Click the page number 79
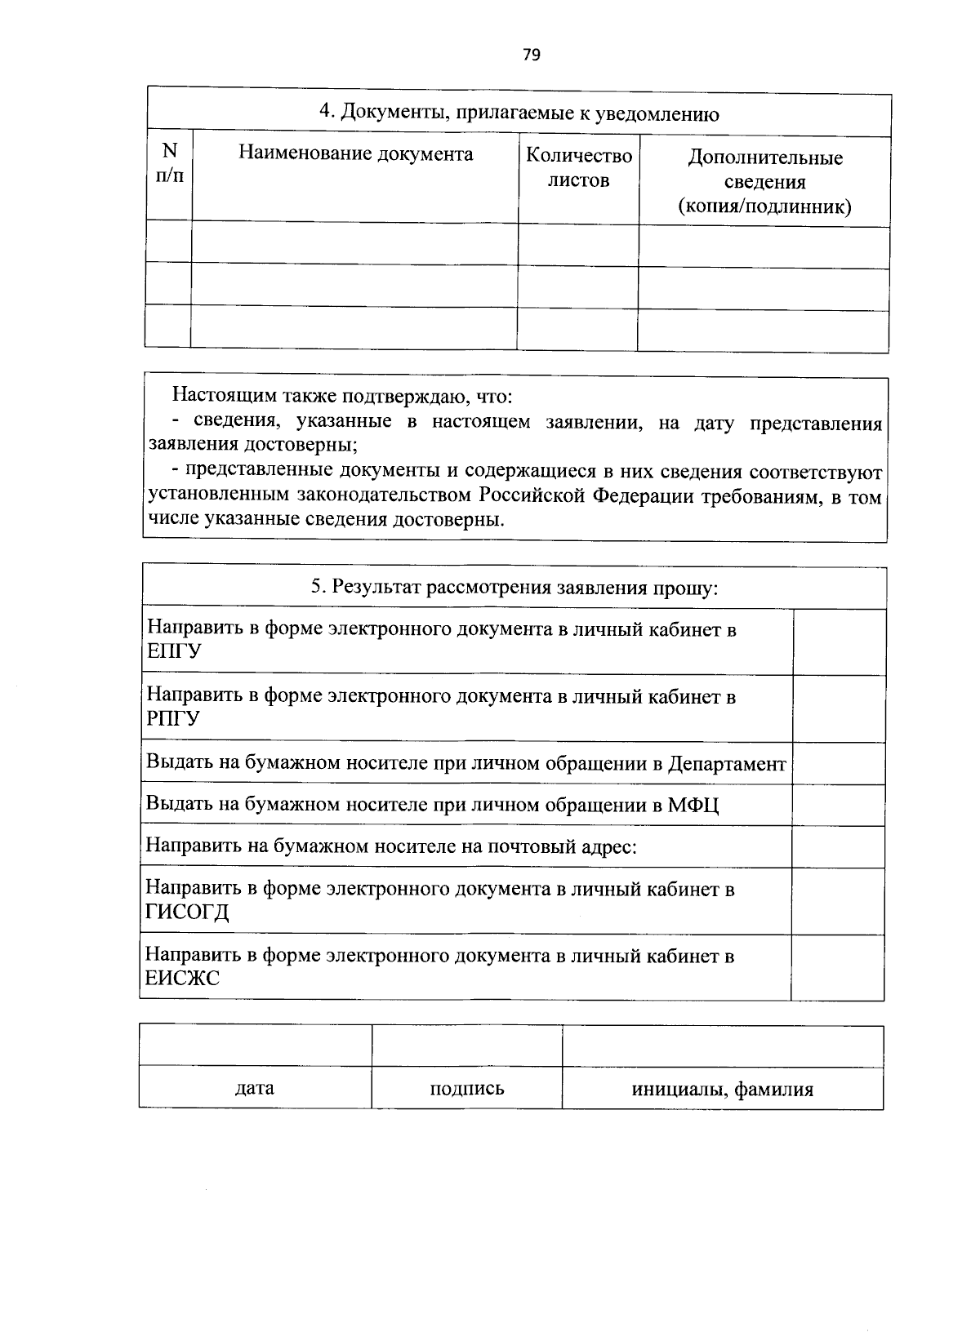click(531, 55)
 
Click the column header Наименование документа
click(355, 153)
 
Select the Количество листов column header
click(578, 167)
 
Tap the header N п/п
click(170, 163)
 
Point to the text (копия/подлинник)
click(764, 206)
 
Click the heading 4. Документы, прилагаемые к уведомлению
click(519, 113)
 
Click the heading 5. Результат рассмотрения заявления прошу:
click(514, 588)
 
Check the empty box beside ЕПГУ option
click(840, 642)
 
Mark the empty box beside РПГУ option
click(840, 708)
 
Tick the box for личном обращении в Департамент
click(840, 763)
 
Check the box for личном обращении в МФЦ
click(840, 805)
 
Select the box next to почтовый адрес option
click(839, 846)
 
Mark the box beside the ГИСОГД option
click(838, 900)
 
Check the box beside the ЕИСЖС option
click(837, 967)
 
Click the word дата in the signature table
click(254, 1088)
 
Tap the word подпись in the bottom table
click(466, 1088)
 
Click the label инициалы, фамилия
click(722, 1089)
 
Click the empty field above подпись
click(466, 1046)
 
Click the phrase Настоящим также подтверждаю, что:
click(341, 397)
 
